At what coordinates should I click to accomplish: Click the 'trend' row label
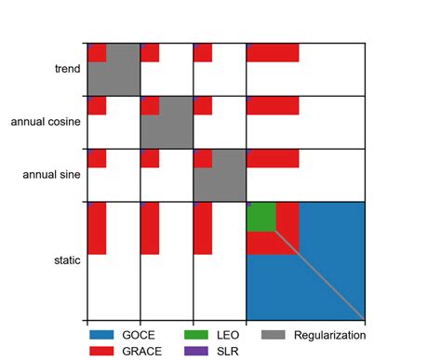coord(68,69)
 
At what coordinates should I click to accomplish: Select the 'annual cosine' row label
coord(45,122)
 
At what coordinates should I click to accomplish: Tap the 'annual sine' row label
coord(51,175)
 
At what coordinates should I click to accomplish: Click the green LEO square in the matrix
coord(261,216)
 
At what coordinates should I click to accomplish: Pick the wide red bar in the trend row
coord(273,52)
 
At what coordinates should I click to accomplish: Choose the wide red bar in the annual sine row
coord(273,158)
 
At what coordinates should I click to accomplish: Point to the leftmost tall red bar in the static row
coord(97,228)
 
